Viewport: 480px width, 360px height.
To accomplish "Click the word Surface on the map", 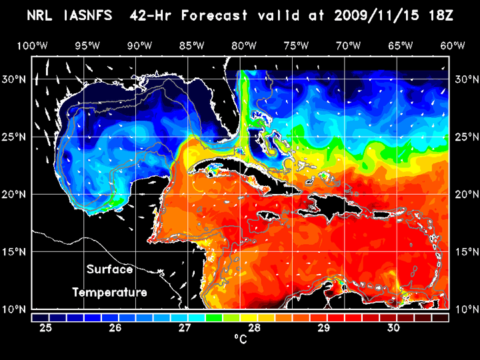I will click(110, 270).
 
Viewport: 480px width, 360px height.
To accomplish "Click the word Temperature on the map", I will click(110, 293).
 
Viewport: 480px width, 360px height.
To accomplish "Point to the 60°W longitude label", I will click(453, 46).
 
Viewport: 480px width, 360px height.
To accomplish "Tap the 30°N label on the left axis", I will click(17, 79).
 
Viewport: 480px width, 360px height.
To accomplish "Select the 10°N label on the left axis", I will click(17, 309).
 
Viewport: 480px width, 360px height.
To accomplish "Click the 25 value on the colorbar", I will click(46, 328).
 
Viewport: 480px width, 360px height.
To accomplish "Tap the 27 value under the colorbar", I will click(185, 328).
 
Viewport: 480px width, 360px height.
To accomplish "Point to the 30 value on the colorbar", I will click(393, 328).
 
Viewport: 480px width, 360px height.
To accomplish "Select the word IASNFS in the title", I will click(87, 15).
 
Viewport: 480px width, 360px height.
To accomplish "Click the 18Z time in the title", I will click(441, 15).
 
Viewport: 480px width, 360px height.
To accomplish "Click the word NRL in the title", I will click(41, 15).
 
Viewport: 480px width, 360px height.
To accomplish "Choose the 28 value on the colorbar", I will click(254, 328).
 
